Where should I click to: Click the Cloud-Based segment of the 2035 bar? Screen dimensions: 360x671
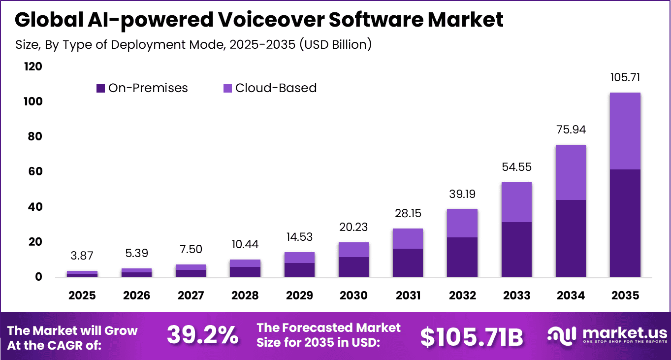[625, 131]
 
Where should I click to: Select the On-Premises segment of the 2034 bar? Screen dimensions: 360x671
[571, 238]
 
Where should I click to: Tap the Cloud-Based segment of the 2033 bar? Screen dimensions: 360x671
[516, 202]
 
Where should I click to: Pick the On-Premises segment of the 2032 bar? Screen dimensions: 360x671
[462, 257]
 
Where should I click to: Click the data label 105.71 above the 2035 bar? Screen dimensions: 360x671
[625, 77]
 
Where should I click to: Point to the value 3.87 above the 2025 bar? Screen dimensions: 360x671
[82, 256]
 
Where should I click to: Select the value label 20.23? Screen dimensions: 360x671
[353, 227]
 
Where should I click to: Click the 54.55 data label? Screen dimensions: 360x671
[516, 167]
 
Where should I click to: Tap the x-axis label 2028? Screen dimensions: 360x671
[245, 295]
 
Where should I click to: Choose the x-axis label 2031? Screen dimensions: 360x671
[408, 295]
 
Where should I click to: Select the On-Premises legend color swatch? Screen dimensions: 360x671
[100, 89]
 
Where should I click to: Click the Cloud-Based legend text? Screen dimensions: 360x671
[276, 88]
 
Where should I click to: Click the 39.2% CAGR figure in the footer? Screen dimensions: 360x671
[202, 335]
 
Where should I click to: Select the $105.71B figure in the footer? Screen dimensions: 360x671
[471, 336]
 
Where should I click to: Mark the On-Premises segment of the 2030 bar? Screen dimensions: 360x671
[353, 267]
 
